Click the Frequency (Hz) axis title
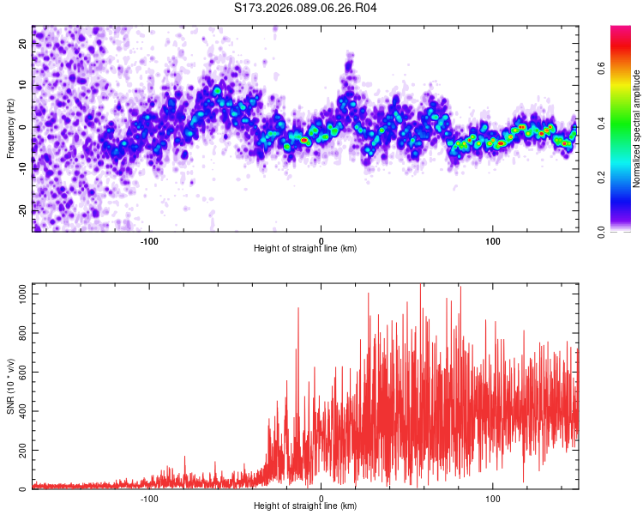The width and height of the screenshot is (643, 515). tap(10, 129)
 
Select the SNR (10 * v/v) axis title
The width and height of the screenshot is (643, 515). tap(10, 386)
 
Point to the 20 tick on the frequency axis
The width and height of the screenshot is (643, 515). tap(23, 45)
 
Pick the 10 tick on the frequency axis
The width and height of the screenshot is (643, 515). tap(23, 86)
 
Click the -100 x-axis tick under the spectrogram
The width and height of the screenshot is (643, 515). tap(149, 239)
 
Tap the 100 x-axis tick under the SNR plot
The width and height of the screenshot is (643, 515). tap(493, 497)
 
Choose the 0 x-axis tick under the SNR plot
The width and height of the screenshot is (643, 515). tap(321, 497)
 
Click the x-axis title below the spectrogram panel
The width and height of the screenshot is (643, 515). tap(305, 249)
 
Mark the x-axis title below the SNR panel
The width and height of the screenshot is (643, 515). tap(305, 506)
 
